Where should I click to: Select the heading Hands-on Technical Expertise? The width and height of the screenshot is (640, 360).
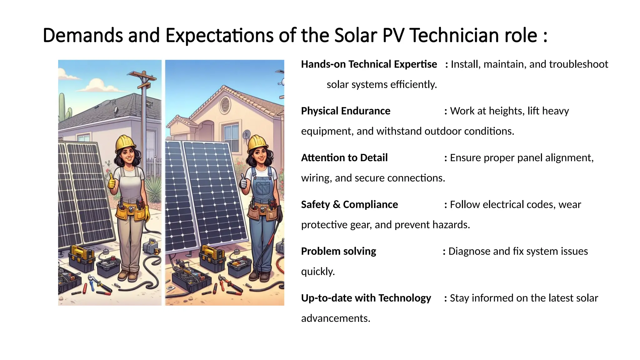point(369,64)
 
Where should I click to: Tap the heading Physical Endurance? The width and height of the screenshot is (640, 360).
point(345,111)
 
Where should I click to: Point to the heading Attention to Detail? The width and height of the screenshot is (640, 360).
point(344,158)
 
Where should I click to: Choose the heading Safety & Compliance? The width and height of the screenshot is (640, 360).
point(349,205)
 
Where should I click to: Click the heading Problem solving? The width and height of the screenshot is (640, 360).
point(338,251)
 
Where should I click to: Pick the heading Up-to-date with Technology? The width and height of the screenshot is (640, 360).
point(366,298)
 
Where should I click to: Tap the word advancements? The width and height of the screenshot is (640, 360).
point(335,318)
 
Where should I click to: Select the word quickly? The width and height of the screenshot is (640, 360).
point(317,272)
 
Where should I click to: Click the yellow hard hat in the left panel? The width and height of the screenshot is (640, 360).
point(125,142)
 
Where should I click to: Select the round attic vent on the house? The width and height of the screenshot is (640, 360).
point(225,105)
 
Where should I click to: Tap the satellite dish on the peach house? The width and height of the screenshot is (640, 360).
point(246,134)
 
